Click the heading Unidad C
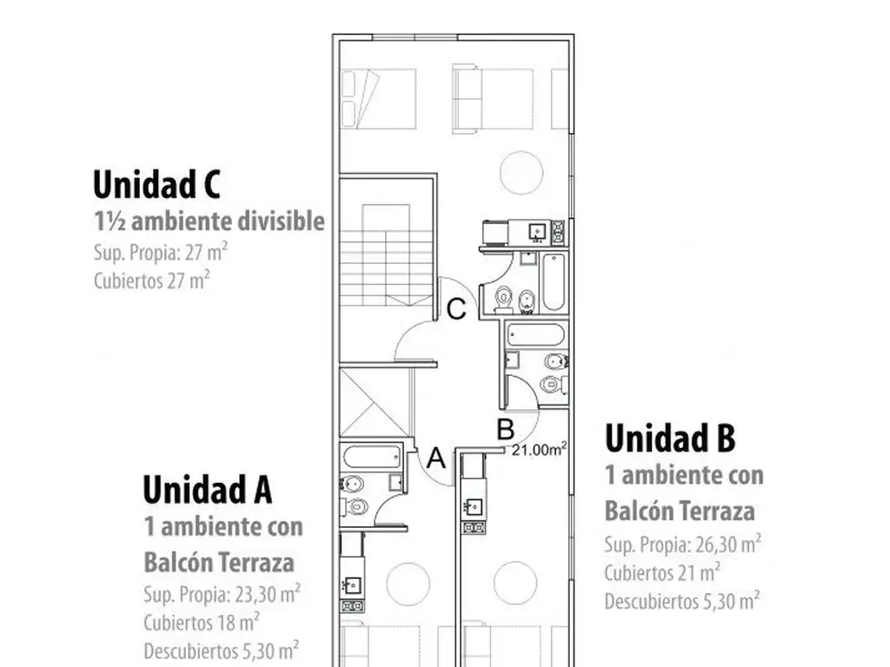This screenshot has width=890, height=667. (x=156, y=184)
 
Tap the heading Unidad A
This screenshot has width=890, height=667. (x=207, y=489)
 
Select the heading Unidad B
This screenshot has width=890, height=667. (x=670, y=438)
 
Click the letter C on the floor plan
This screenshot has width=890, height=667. (x=456, y=310)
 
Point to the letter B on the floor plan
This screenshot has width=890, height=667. (x=506, y=429)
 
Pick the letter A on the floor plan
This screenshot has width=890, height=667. (x=436, y=458)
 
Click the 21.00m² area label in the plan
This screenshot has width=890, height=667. (x=539, y=449)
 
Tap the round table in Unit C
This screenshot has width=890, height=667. (x=521, y=173)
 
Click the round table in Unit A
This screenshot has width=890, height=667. (x=408, y=584)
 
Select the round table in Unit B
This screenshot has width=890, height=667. (x=515, y=583)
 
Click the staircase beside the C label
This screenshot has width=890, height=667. (x=387, y=255)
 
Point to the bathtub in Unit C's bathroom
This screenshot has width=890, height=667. (x=554, y=282)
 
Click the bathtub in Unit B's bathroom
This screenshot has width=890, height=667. (x=535, y=334)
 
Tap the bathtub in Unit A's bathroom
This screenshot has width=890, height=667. (x=372, y=457)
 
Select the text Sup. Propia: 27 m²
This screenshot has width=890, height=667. (x=161, y=252)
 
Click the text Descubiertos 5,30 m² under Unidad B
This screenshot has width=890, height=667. (x=681, y=601)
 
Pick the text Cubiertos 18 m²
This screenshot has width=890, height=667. (x=202, y=622)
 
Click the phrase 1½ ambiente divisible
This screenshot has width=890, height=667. (x=209, y=221)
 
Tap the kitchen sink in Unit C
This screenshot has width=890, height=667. (x=536, y=231)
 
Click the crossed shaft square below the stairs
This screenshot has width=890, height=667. (x=375, y=403)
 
